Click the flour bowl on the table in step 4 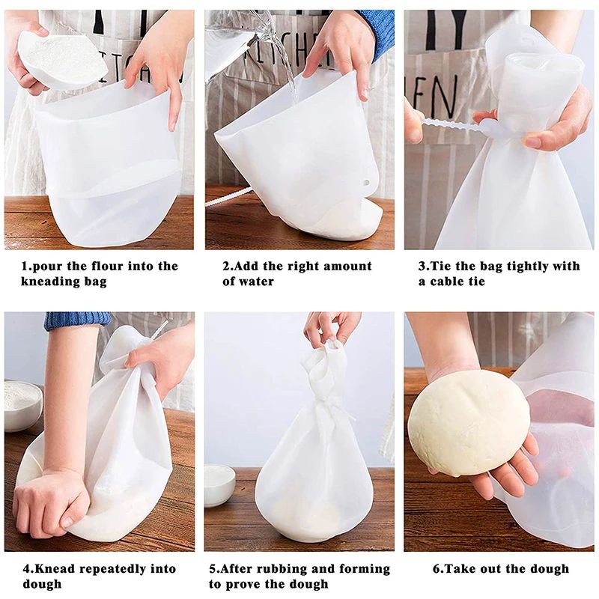tap(22, 404)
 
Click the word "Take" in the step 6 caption tap(462, 569)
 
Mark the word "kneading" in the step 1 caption tap(49, 282)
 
